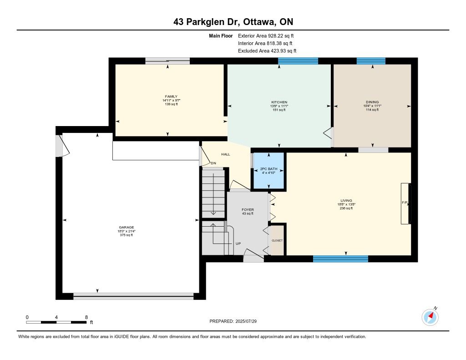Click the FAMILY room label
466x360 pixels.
(171, 96)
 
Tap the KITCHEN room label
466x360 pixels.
(279, 102)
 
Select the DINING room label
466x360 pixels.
(372, 102)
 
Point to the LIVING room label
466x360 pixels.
(346, 200)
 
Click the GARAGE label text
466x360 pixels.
(127, 227)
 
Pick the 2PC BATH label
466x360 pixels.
(268, 168)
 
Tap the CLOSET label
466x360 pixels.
(277, 240)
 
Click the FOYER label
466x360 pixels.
(248, 209)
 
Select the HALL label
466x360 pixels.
(226, 154)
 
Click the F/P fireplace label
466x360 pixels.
(405, 203)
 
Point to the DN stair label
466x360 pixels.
(213, 163)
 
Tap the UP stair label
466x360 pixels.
(238, 243)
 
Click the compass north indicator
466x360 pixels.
(430, 317)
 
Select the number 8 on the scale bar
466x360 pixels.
(86, 317)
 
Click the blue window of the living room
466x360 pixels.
(340, 259)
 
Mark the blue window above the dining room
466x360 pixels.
(371, 61)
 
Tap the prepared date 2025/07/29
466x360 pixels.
(246, 321)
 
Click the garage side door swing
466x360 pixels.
(63, 146)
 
